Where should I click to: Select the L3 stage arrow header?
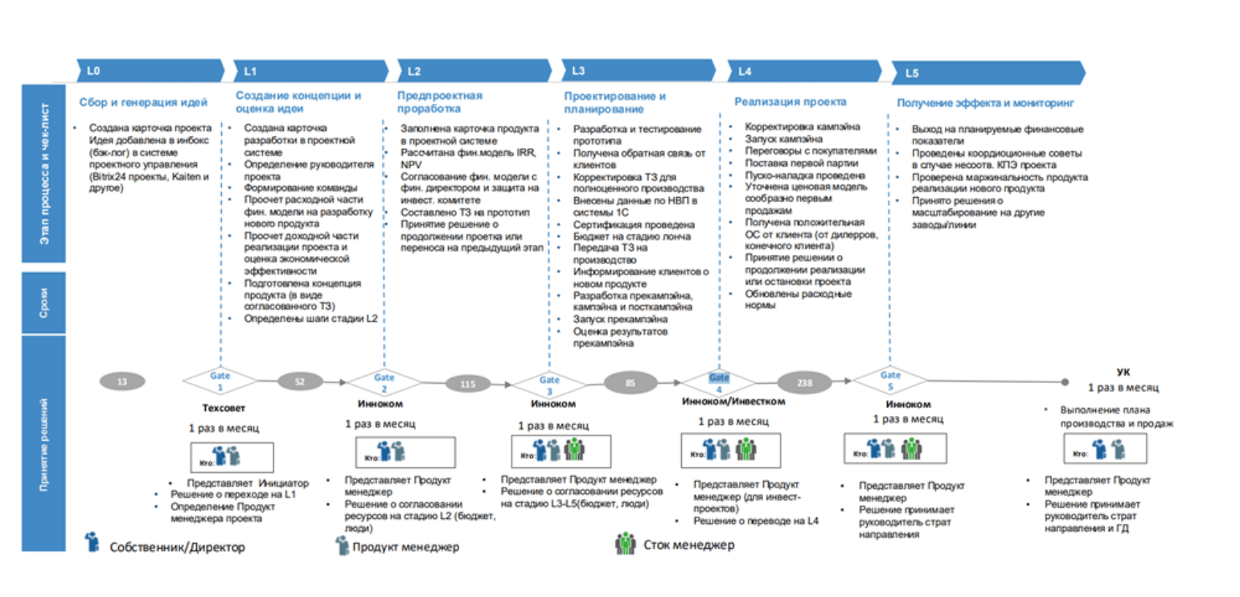pyautogui.click(x=635, y=71)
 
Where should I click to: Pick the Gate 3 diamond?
pyautogui.click(x=548, y=383)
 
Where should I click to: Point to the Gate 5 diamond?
pyautogui.click(x=889, y=379)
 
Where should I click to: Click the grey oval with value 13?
pyautogui.click(x=121, y=381)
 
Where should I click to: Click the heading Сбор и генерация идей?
pyautogui.click(x=144, y=102)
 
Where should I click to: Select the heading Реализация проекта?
pyautogui.click(x=790, y=102)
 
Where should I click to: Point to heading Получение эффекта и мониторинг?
pyautogui.click(x=985, y=103)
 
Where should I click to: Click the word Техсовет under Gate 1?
pyautogui.click(x=220, y=407)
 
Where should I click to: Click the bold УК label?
pyautogui.click(x=1123, y=372)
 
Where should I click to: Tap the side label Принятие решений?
pyautogui.click(x=43, y=443)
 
